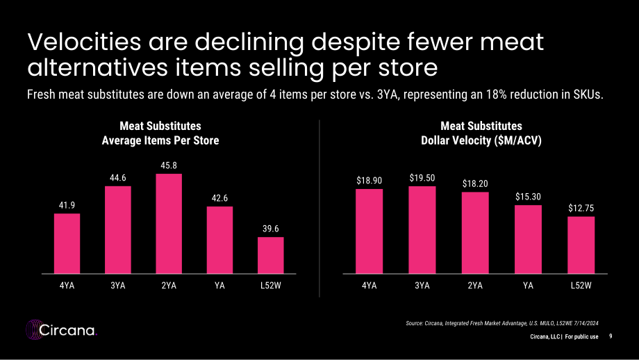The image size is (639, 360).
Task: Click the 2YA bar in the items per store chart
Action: pos(169,223)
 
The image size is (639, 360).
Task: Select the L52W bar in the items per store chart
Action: pos(271,255)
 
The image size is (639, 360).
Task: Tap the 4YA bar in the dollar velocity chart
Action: pos(370,231)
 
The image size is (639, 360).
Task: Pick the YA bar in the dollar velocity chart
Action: pos(528,239)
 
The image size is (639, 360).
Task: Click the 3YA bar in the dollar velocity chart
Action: pos(422,230)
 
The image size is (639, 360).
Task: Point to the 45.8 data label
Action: pos(169,165)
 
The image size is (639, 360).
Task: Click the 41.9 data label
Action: pos(67,205)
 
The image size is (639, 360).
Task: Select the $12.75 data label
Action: pos(581,208)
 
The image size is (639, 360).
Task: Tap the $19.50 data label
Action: pos(422,178)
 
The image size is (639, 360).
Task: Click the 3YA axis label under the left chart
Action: pos(118,286)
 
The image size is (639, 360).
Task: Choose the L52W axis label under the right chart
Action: pos(581,286)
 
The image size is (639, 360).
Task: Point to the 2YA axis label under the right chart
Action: pos(475,286)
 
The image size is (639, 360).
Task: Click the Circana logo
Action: pos(62,329)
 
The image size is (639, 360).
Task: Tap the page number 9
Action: pos(611,336)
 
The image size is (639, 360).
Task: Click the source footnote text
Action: pos(502,323)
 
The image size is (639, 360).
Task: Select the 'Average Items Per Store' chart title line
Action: pos(160,140)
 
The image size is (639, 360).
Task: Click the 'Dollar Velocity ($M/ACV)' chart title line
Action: pos(481,140)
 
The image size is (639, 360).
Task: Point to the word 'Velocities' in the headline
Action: pos(84,42)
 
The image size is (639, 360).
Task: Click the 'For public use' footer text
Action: pos(581,337)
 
